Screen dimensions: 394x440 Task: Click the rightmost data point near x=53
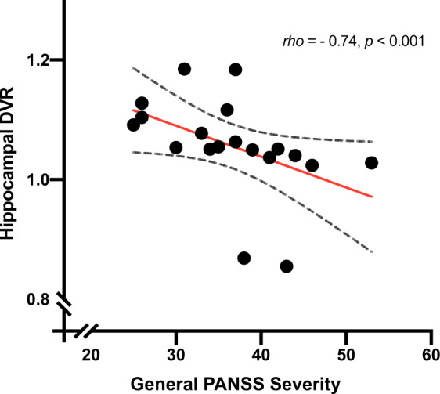click(x=371, y=163)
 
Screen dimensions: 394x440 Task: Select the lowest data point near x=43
click(x=287, y=266)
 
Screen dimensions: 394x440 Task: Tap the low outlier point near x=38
click(x=243, y=258)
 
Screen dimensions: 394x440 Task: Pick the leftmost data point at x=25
click(x=134, y=125)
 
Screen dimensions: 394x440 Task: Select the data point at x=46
click(x=312, y=165)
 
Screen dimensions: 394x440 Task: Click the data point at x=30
click(x=176, y=147)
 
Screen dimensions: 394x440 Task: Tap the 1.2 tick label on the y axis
click(x=39, y=60)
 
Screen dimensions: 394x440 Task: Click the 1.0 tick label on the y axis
click(x=39, y=180)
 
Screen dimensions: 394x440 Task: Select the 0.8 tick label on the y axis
click(x=39, y=299)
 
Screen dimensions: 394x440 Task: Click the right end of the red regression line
click(x=372, y=196)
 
